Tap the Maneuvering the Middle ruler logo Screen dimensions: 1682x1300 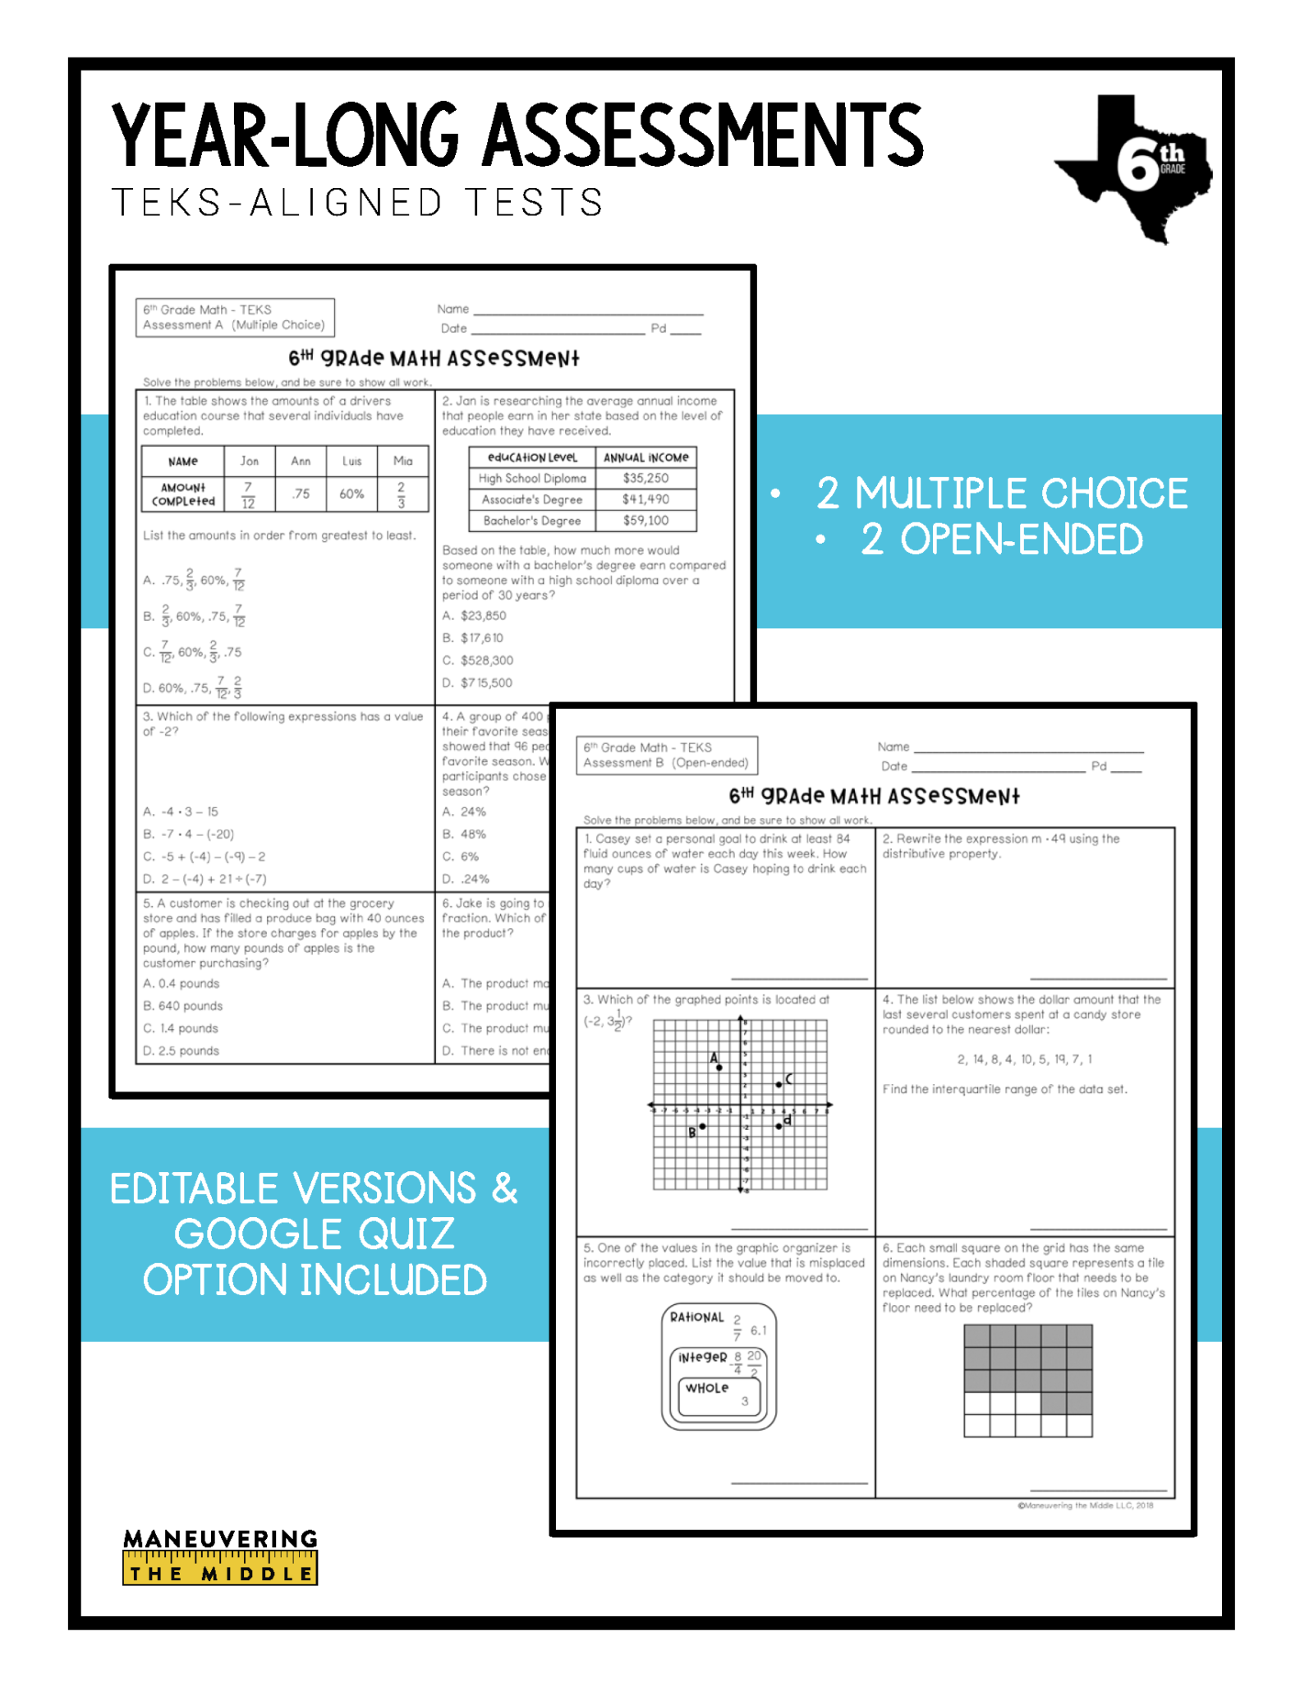[220, 1556]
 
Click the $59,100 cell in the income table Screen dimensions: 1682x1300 [645, 521]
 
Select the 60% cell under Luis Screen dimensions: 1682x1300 [351, 494]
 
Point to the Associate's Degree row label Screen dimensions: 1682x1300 [531, 499]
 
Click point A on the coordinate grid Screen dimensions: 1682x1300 [719, 1067]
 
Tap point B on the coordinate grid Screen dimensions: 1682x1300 [702, 1126]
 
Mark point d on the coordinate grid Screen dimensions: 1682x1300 [779, 1125]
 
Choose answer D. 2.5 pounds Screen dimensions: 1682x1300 [181, 1050]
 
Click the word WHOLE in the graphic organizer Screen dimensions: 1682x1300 [707, 1388]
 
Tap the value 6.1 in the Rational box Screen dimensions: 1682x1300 [758, 1330]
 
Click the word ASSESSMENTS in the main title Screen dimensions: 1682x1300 [703, 136]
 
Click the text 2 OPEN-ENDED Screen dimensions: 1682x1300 [1001, 540]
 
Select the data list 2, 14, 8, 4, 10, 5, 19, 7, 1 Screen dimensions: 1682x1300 [1024, 1059]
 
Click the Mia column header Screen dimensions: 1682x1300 [402, 461]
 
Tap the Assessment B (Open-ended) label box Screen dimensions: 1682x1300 [666, 755]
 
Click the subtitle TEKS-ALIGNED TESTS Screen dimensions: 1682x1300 [358, 203]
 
